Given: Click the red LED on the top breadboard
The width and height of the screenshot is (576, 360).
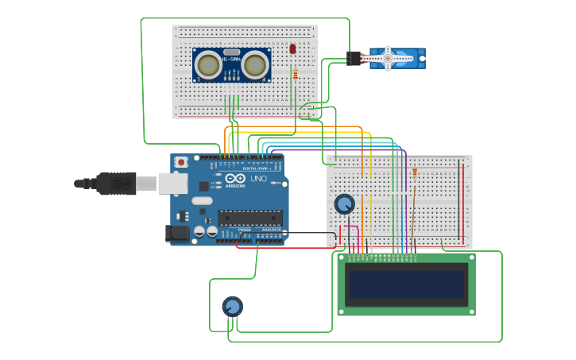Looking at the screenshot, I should click(x=292, y=49).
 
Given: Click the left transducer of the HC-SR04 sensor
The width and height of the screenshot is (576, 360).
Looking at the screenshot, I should click(x=208, y=65).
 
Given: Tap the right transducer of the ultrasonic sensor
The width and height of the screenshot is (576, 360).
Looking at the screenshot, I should click(x=256, y=65).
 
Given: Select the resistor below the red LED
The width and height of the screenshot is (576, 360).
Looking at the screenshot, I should click(x=296, y=75).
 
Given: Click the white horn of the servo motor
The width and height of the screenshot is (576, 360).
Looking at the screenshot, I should click(x=389, y=58).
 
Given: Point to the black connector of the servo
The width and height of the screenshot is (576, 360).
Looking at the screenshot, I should click(x=354, y=58).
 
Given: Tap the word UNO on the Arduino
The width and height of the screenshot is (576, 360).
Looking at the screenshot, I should click(x=258, y=180).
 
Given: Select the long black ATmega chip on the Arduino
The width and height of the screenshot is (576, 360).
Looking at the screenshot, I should click(x=250, y=217).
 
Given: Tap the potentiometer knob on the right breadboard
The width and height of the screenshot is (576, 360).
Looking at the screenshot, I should click(x=344, y=204).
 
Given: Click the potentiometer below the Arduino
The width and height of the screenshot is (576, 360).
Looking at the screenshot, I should click(x=232, y=307).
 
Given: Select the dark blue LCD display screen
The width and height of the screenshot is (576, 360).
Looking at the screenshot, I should click(x=406, y=285).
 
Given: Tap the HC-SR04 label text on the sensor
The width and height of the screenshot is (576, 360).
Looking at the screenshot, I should click(x=231, y=60).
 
